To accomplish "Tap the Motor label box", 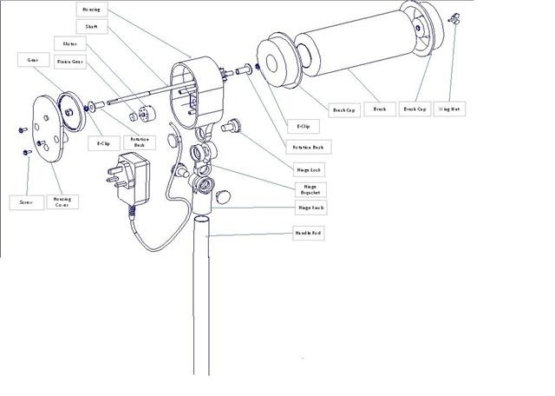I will [x=67, y=43].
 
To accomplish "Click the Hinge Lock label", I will [x=310, y=169].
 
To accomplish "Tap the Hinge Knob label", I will [x=311, y=208].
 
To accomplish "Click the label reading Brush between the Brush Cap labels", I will [x=378, y=109].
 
